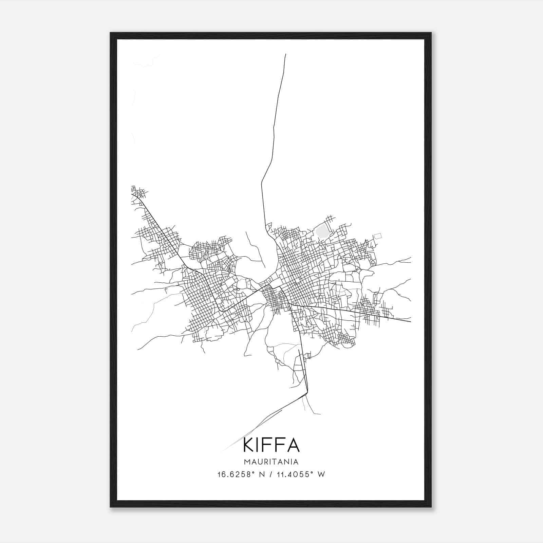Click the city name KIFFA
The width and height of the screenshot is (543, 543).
click(271, 446)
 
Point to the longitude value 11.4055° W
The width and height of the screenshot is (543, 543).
click(300, 474)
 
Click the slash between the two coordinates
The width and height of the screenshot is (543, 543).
click(270, 474)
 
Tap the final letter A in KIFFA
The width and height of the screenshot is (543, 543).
click(293, 446)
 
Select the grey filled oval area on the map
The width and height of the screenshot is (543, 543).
click(322, 233)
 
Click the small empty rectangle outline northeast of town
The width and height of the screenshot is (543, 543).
click(377, 235)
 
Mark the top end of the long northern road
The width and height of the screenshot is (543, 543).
click(285, 54)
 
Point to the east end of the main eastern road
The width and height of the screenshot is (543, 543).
click(410, 321)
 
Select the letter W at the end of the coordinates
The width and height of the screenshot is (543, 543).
click(321, 474)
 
